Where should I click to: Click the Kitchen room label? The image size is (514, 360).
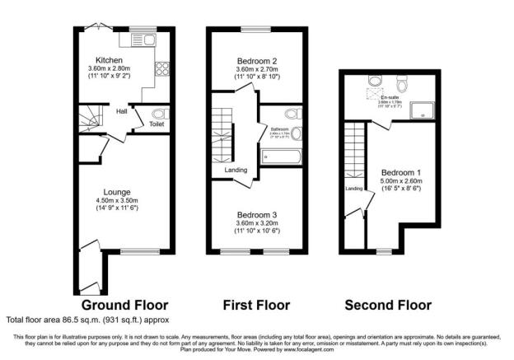pyautogui.click(x=110, y=60)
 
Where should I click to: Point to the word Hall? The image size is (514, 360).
pyautogui.click(x=121, y=110)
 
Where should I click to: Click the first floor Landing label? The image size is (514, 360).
pyautogui.click(x=236, y=170)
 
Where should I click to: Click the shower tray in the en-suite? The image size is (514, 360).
pyautogui.click(x=421, y=107)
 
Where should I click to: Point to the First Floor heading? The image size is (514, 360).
pyautogui.click(x=257, y=305)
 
